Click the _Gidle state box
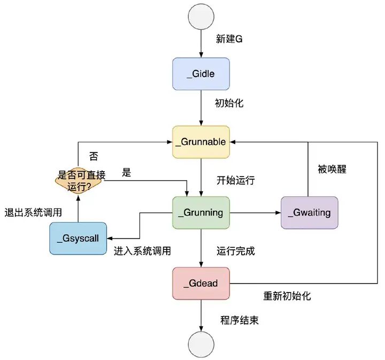201,73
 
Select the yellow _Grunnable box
201,142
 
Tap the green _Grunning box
201,213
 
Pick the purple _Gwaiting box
310,213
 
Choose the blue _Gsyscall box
78,239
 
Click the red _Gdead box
201,284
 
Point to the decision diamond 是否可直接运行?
79,181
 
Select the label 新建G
229,39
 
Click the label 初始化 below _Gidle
229,103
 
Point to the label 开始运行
235,180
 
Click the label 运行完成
235,249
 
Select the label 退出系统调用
32,212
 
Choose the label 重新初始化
287,296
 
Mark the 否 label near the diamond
94,157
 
